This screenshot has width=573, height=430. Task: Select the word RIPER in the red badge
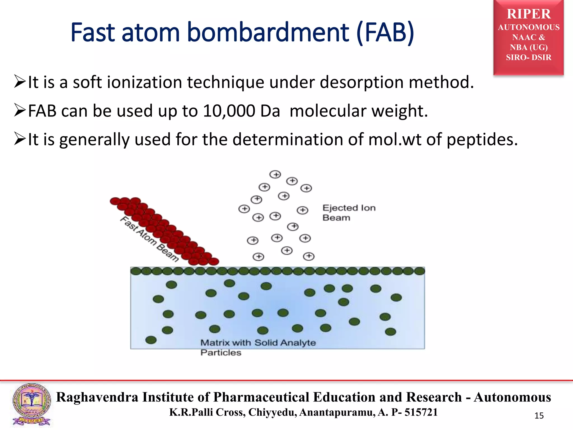529,14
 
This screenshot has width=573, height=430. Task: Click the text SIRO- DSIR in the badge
529,57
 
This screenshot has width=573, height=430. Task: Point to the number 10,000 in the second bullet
229,111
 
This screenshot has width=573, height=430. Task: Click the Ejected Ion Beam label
349,213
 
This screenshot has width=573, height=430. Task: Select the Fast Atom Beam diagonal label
149,239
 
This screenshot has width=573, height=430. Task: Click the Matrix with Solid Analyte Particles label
258,347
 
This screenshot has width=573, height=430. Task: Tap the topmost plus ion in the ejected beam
275,174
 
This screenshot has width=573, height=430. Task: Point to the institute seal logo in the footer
32,405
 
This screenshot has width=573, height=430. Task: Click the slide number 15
539,416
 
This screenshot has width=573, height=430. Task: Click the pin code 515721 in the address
421,412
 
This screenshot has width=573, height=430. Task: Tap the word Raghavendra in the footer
97,397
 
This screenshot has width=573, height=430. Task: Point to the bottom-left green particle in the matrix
151,340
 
